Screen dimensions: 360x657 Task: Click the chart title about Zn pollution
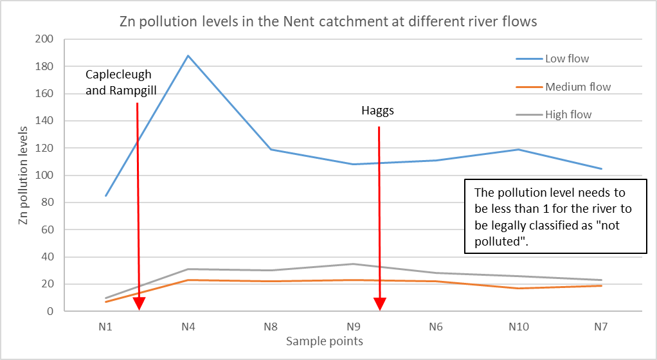pos(328,22)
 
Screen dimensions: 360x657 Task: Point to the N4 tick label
pos(188,327)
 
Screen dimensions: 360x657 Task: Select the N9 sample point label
pos(354,327)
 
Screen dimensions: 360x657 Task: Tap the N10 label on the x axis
pos(518,327)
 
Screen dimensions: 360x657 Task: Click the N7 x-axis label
pos(601,327)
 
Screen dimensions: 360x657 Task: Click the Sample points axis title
pos(325,341)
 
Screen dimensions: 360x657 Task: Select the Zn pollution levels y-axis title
pos(24,175)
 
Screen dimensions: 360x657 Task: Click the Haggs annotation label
pos(377,111)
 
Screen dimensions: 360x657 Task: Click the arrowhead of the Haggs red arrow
pos(380,304)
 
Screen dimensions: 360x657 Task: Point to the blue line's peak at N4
pos(188,55)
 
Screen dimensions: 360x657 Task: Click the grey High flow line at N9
pos(354,264)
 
